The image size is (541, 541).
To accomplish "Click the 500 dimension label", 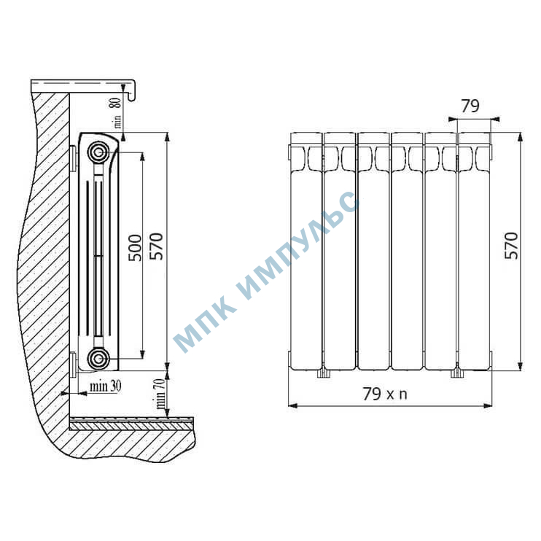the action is tap(135, 248).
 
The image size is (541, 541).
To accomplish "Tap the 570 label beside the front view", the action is tap(511, 246).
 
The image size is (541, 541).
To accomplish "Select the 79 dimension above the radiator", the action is tap(470, 106).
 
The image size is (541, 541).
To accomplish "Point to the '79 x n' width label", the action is tap(385, 394).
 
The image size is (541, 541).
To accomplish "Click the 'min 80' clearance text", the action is tap(117, 113).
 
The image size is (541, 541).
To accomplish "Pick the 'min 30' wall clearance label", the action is tap(105, 386).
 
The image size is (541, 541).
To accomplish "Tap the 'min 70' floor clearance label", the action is tap(160, 394).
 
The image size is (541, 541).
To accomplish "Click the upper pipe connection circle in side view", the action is tap(98, 152).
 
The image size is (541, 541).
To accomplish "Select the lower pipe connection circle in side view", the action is tap(98, 359).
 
